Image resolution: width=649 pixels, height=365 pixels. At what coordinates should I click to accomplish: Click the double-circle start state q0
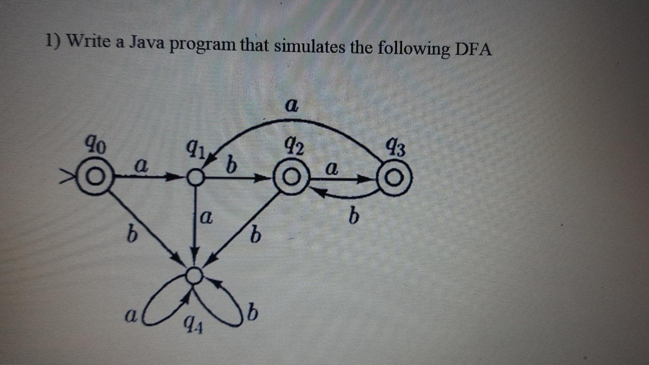pos(94,179)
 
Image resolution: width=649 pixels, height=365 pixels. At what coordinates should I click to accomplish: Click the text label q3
pos(396,148)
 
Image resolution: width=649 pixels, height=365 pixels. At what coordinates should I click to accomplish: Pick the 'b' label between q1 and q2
pos(231,165)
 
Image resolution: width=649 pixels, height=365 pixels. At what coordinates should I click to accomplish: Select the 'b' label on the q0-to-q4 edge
pos(130,233)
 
